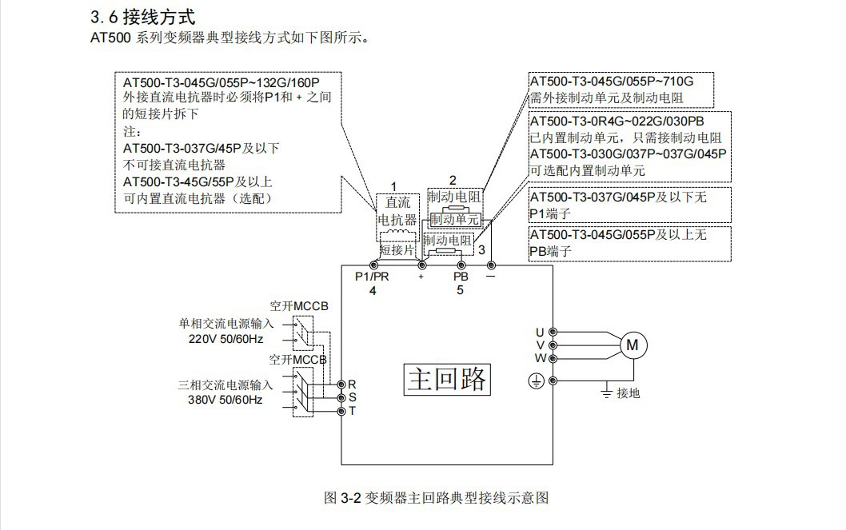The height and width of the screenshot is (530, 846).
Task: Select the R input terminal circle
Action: click(341, 385)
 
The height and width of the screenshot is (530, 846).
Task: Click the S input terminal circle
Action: click(341, 397)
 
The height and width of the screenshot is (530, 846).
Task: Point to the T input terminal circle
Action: click(341, 411)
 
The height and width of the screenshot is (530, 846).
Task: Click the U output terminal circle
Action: click(552, 332)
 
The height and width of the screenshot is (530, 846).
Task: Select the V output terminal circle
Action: click(552, 345)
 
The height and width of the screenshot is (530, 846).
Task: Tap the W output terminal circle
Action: click(552, 358)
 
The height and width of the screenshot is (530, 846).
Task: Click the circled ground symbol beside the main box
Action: click(537, 381)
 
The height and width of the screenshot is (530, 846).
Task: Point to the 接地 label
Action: click(629, 393)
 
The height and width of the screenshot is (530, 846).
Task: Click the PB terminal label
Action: click(461, 277)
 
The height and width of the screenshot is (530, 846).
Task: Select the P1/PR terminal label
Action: click(372, 277)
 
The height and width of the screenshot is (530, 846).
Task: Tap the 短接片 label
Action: click(397, 249)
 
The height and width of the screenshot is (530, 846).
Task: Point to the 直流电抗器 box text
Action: click(397, 211)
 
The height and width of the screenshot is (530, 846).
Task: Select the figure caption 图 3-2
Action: click(436, 497)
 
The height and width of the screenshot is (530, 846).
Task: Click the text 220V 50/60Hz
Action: click(225, 338)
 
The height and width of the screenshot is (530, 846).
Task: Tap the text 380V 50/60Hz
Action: click(225, 399)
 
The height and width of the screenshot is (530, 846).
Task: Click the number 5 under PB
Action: click(461, 290)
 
